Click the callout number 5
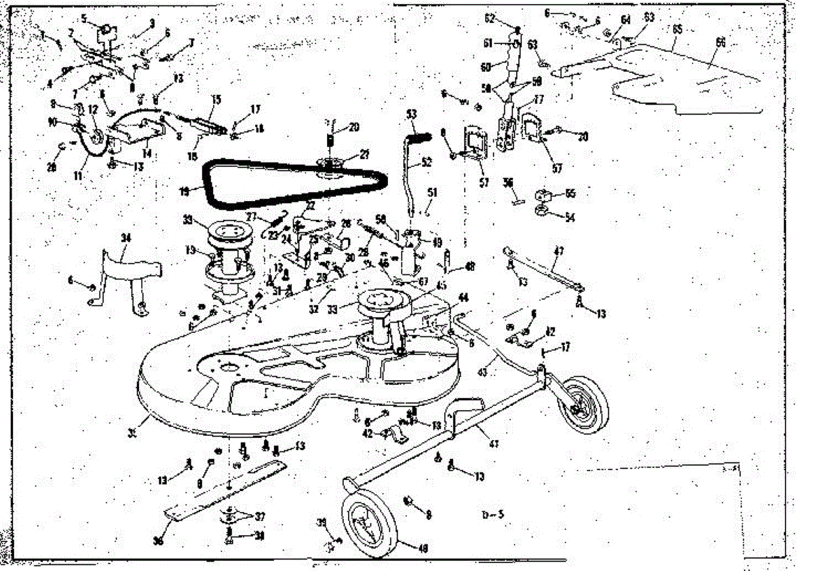(x=83, y=19)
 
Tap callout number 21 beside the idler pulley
(x=364, y=155)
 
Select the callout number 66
(x=720, y=42)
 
